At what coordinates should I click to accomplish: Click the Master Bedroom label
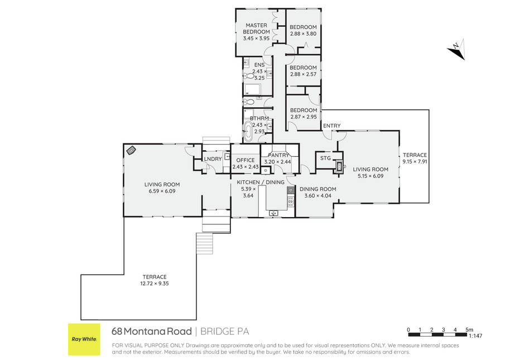click(256, 28)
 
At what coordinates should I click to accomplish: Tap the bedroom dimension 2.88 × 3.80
click(303, 33)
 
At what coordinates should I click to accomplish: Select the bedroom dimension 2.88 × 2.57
click(303, 74)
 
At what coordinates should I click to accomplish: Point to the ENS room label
click(259, 65)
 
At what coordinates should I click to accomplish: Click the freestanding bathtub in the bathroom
click(248, 131)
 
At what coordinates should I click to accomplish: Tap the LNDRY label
click(213, 159)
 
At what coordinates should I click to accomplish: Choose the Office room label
click(246, 160)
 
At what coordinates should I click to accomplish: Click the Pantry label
click(278, 155)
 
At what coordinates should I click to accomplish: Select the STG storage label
click(325, 158)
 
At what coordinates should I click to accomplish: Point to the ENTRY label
click(332, 126)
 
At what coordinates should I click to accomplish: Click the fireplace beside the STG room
click(339, 167)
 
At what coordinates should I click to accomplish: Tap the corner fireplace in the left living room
click(131, 150)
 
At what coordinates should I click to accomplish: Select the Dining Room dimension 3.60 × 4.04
click(318, 196)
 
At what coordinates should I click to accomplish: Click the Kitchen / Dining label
click(261, 182)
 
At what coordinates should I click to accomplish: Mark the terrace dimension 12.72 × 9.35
click(155, 283)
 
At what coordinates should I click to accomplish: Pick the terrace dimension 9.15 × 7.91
click(415, 161)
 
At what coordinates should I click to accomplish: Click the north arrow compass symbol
click(456, 50)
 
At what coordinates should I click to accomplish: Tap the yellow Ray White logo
click(84, 339)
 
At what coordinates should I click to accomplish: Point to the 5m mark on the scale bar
click(469, 330)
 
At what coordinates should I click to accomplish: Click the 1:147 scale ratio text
click(475, 336)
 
